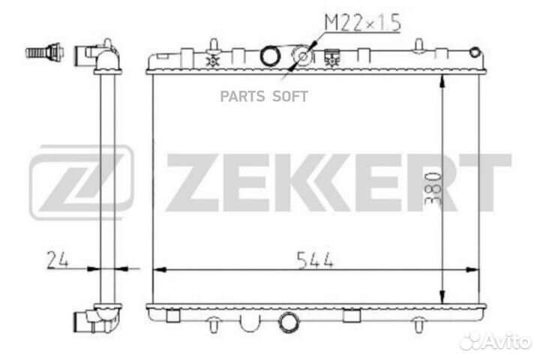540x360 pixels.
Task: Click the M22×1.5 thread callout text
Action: (x=363, y=22)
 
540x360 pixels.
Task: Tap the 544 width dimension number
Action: (x=315, y=260)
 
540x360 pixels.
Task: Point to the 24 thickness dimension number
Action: (x=58, y=260)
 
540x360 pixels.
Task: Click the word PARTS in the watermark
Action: (x=242, y=97)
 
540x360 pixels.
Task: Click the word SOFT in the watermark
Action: (x=290, y=97)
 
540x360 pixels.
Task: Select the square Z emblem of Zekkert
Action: (x=81, y=182)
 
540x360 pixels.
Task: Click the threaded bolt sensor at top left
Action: (x=44, y=52)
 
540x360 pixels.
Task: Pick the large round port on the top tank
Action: (x=270, y=55)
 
